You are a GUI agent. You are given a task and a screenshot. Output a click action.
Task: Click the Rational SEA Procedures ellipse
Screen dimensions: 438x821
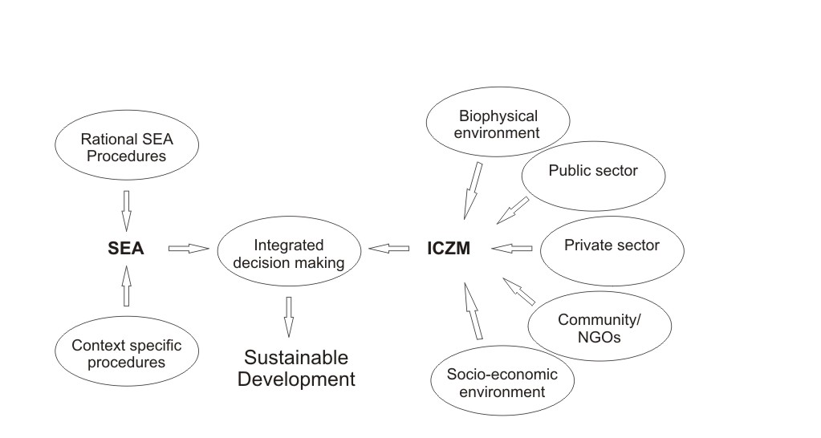pyautogui.click(x=126, y=147)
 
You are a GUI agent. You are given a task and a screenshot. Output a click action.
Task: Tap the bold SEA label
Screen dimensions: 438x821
pyautogui.click(x=125, y=249)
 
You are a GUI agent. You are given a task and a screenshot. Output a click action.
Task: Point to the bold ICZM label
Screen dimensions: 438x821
pyautogui.click(x=448, y=249)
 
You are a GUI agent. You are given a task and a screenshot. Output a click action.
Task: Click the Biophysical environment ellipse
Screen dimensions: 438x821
pyautogui.click(x=497, y=124)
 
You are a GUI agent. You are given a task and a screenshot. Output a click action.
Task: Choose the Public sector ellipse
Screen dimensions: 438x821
pyautogui.click(x=593, y=171)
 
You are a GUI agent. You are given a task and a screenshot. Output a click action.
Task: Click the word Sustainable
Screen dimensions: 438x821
pyautogui.click(x=296, y=358)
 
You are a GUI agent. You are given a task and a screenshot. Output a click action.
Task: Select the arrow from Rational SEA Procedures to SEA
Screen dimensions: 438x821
pyautogui.click(x=125, y=211)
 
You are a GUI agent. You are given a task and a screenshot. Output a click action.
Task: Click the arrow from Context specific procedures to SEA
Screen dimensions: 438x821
pyautogui.click(x=125, y=286)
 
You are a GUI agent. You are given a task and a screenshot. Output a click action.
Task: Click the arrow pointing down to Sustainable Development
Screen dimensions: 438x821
pyautogui.click(x=288, y=316)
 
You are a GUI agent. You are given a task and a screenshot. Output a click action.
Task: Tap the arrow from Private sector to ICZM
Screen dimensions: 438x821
pyautogui.click(x=512, y=249)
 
